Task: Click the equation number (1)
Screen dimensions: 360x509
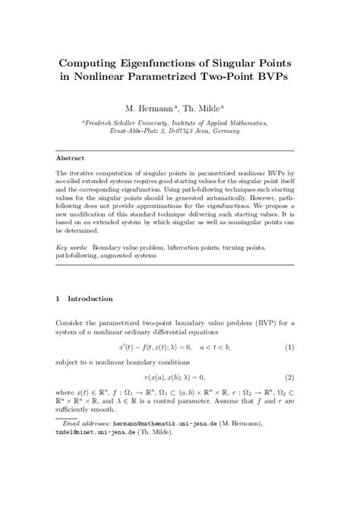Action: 290,346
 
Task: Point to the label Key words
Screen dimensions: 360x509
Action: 71,248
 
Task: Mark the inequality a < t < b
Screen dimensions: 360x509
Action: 215,346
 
